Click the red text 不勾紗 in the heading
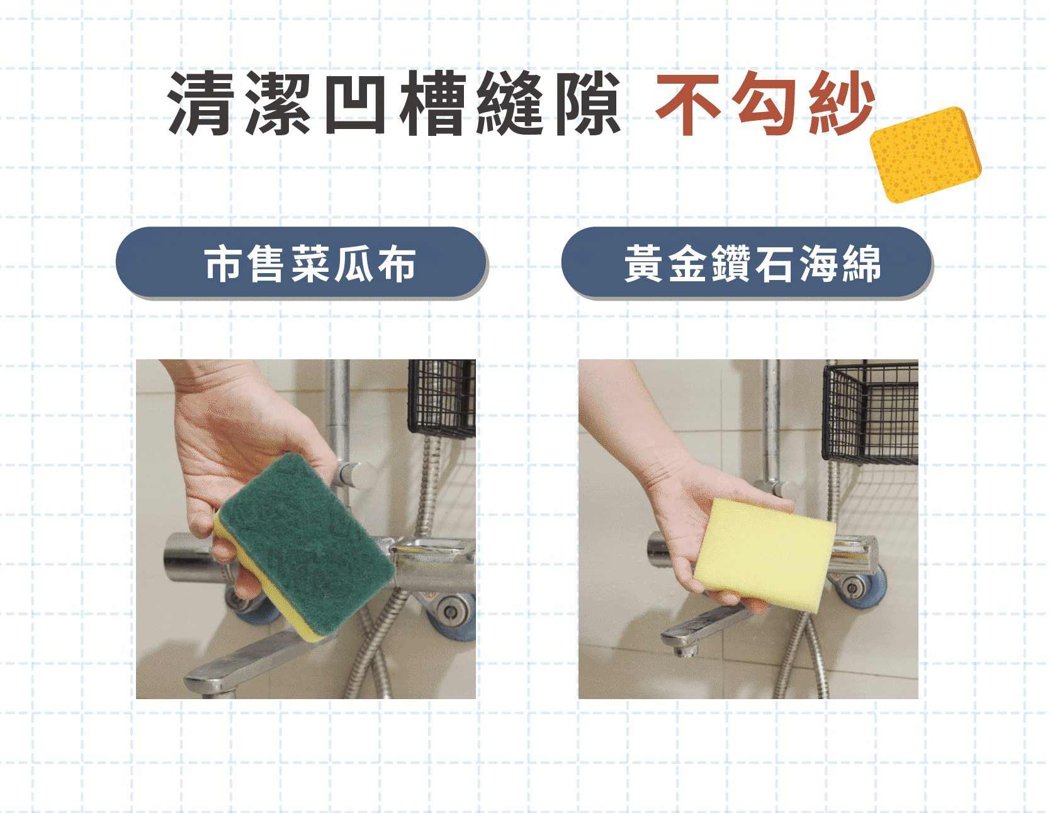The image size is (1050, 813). click(765, 103)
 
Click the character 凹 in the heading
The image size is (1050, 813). click(354, 103)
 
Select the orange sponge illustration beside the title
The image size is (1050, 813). click(925, 155)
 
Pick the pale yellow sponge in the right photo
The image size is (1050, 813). click(765, 554)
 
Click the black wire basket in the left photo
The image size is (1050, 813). click(442, 398)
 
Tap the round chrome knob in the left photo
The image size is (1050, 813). click(356, 475)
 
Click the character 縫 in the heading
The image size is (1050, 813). click(509, 103)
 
